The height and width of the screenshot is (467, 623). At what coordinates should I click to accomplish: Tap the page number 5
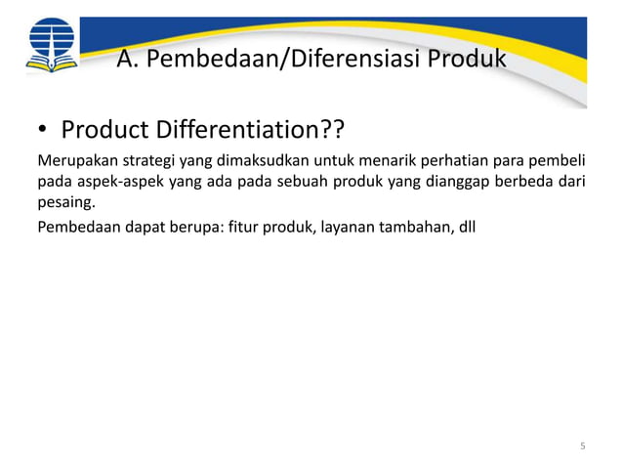[x=583, y=446]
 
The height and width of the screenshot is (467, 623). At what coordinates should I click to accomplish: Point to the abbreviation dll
[x=466, y=229]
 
